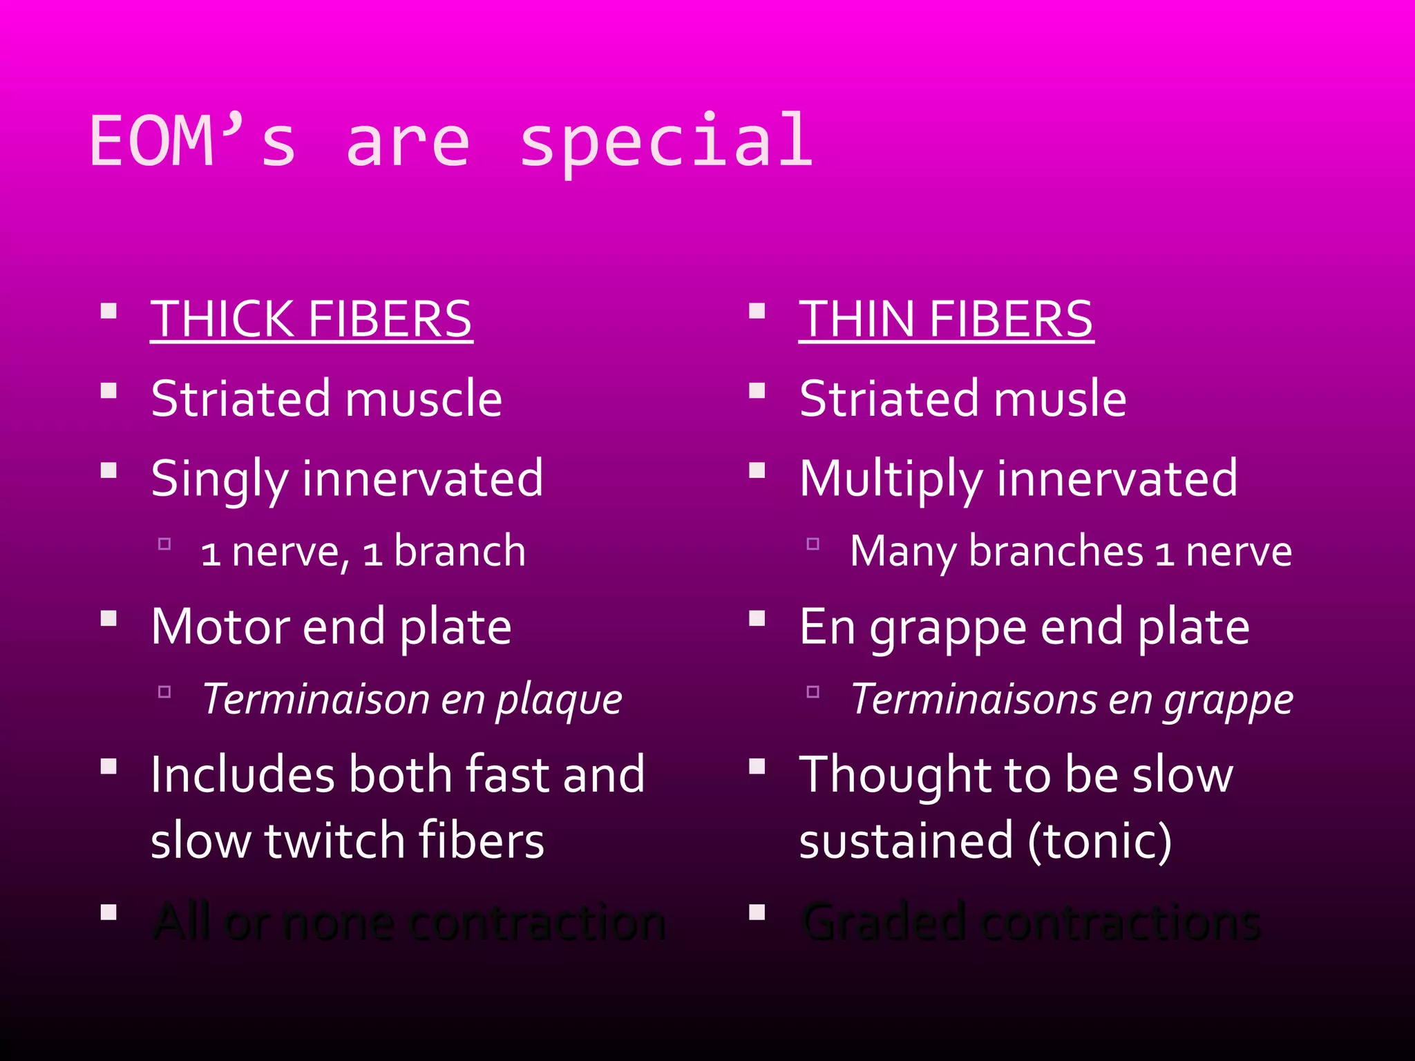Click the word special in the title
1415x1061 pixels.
(666, 142)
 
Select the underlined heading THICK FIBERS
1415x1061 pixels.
(311, 319)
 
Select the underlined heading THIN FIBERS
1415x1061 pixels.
(946, 319)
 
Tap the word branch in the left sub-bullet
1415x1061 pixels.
(459, 551)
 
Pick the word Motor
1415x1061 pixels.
(219, 627)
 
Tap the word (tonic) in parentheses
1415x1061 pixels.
(1099, 841)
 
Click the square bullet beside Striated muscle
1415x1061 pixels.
(108, 392)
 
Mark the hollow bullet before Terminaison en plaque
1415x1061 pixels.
(164, 691)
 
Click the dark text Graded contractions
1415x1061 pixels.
(1030, 921)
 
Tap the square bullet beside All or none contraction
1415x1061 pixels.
(108, 913)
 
